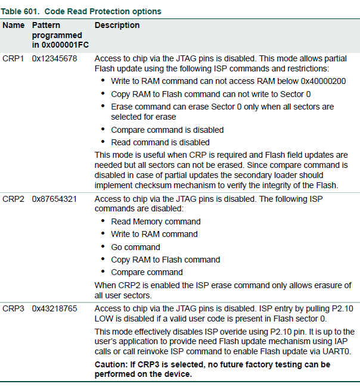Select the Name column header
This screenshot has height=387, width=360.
pyautogui.click(x=13, y=26)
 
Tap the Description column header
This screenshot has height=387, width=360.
pyautogui.click(x=117, y=26)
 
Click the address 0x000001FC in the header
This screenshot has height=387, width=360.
pyautogui.click(x=57, y=45)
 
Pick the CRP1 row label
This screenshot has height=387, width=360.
pyautogui.click(x=13, y=58)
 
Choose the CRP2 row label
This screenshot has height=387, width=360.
pyautogui.click(x=13, y=199)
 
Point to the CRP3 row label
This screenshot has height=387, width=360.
pyautogui.click(x=13, y=308)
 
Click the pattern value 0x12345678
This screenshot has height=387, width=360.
pyautogui.click(x=54, y=58)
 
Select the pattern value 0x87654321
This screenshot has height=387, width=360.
pyautogui.click(x=54, y=199)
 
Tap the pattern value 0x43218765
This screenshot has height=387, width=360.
pyautogui.click(x=54, y=308)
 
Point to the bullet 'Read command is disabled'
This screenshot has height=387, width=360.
pyautogui.click(x=160, y=142)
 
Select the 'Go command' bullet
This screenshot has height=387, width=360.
pyautogui.click(x=135, y=247)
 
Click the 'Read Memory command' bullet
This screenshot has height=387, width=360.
pyautogui.click(x=156, y=221)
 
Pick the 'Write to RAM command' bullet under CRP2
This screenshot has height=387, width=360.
pyautogui.click(x=154, y=234)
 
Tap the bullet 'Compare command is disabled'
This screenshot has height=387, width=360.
pyautogui.click(x=167, y=130)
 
